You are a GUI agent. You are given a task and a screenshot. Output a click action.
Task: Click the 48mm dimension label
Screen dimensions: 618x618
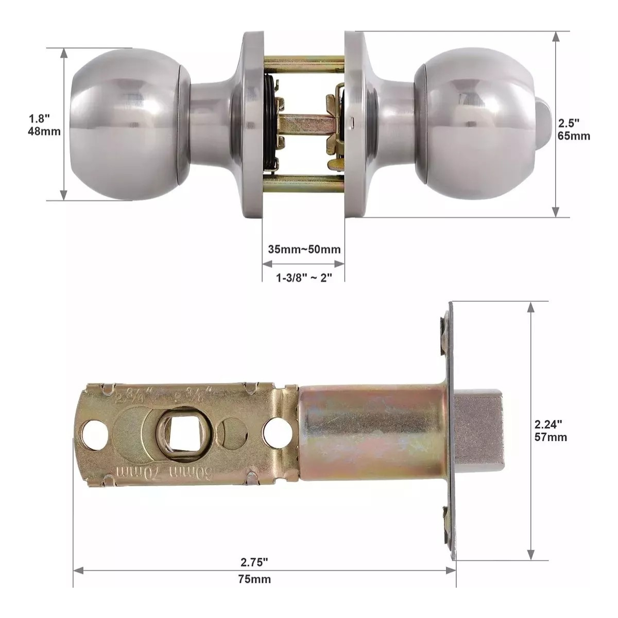click(44, 132)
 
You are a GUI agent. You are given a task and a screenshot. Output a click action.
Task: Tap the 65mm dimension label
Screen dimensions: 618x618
click(574, 136)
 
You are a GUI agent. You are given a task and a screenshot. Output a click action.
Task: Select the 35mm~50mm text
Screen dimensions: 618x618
click(304, 250)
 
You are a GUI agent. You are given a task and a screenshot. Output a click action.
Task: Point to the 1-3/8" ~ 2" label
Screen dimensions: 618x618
click(304, 278)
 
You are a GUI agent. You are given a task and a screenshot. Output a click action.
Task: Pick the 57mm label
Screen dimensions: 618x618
click(551, 437)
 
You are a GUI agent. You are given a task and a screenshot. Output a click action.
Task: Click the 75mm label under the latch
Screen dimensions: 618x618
click(254, 579)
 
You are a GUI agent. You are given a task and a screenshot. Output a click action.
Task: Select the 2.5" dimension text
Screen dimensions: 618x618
click(570, 124)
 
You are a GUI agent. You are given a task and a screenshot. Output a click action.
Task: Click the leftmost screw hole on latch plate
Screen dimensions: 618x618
click(95, 431)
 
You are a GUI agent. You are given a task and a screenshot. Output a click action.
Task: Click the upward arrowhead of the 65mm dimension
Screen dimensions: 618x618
click(556, 37)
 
